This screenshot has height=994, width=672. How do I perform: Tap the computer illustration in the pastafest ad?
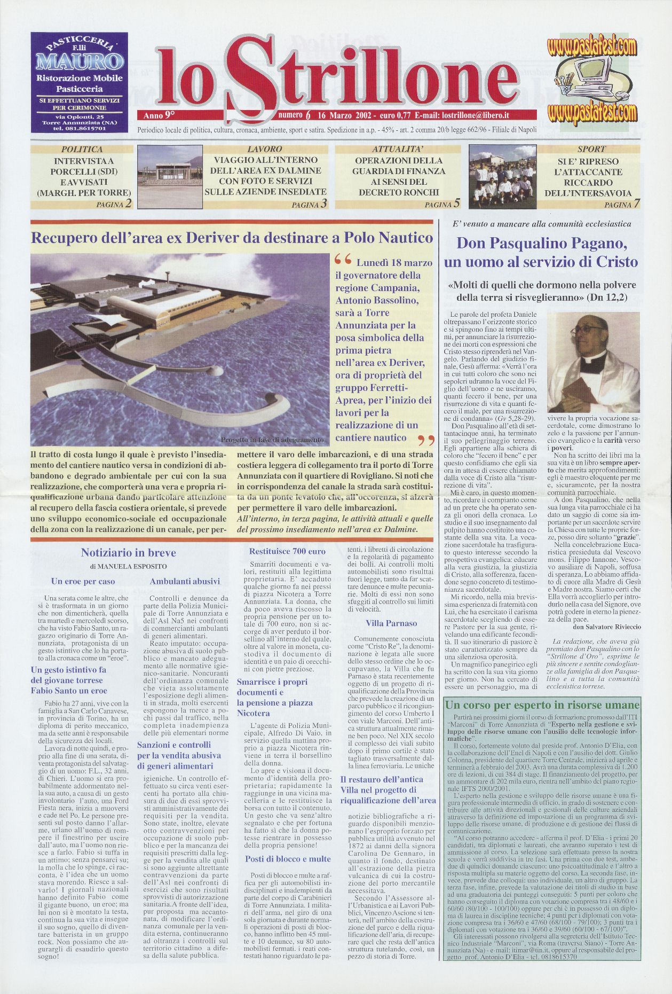pos(586,79)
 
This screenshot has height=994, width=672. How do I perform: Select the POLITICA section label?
pos(82,150)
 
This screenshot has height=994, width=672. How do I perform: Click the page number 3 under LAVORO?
pos(324,204)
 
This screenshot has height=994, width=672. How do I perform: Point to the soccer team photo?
pos(502,177)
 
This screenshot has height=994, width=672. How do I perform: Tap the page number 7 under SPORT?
pos(637,204)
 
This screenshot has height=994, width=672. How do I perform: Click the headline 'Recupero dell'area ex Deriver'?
pos(232,238)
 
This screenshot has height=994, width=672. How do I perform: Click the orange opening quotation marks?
pos(343,261)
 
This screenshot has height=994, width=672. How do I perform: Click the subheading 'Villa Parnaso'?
pos(391,623)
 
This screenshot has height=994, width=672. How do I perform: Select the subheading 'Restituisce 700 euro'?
pos(287,551)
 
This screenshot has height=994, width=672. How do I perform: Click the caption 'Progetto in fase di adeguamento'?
pos(272,441)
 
